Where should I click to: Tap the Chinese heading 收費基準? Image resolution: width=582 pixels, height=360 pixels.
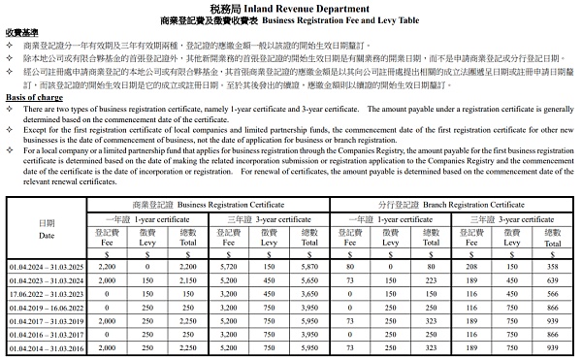pos(23,32)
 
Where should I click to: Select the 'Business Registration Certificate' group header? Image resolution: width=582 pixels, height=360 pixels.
pos(209,205)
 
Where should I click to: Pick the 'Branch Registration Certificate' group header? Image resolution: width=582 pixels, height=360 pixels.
pos(452,205)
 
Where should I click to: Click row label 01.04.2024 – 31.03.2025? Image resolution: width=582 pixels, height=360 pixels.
pos(47,266)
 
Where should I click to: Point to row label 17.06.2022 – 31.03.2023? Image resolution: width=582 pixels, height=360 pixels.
pos(47,293)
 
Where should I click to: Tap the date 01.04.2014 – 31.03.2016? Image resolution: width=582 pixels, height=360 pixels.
pos(47,347)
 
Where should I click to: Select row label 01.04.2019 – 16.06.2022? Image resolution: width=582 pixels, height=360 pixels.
pos(47,307)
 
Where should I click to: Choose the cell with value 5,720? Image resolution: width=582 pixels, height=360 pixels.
pos(228,266)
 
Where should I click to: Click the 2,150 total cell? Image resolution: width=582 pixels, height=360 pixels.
pos(188,279)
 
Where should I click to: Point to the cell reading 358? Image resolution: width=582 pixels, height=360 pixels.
pos(554,266)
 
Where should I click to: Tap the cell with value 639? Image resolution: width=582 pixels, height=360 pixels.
pos(554,279)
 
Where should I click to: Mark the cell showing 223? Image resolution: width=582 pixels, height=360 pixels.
pos(432,279)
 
